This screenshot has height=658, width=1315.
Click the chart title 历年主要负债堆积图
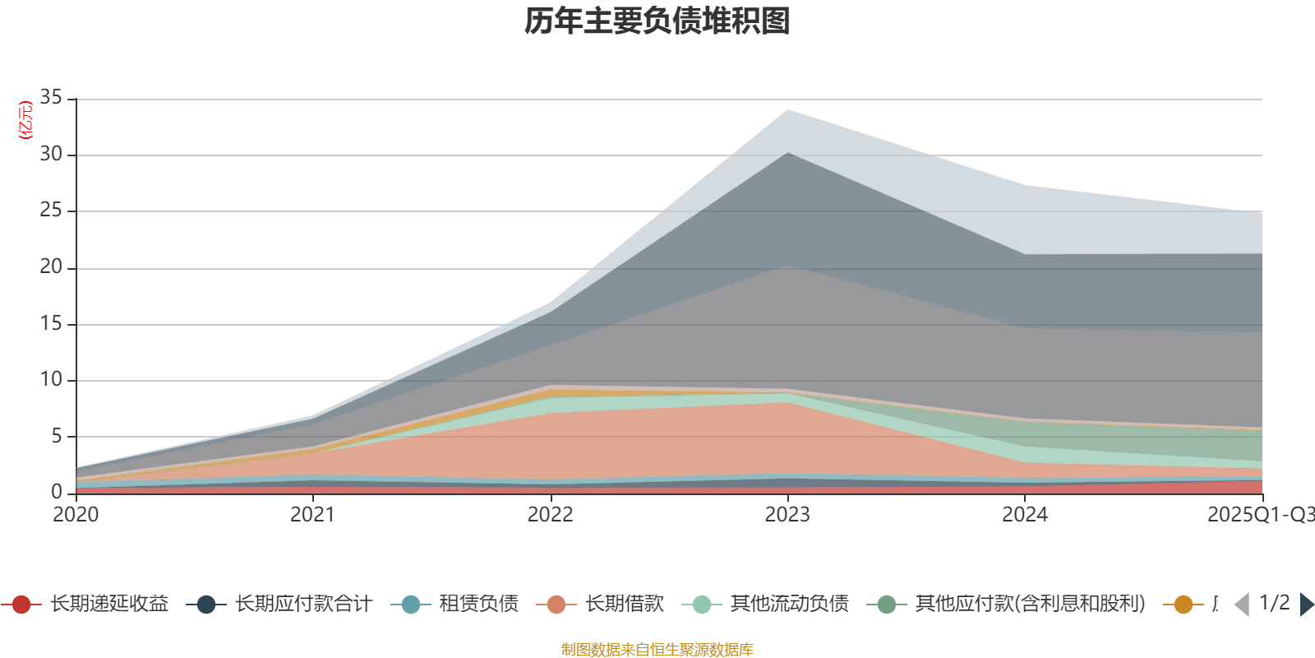657,21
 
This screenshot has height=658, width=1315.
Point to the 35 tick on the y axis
51,98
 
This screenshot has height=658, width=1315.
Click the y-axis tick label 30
51,154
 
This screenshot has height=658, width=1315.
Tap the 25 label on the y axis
51,211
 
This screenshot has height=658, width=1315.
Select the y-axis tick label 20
51,266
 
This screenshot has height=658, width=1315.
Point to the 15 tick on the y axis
51,323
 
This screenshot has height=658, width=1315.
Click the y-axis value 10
51,379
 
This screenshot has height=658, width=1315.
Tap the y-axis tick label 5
57,436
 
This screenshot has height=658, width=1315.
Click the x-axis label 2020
76,515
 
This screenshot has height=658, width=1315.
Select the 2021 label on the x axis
312,515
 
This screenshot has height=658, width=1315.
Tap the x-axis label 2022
550,515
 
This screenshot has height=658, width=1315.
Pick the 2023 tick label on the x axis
787,515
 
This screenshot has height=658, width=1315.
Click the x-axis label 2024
1024,515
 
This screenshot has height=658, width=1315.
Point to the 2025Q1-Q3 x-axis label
1259,515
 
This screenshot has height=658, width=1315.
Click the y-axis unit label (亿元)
25,120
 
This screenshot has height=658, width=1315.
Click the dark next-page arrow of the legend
1306,605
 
